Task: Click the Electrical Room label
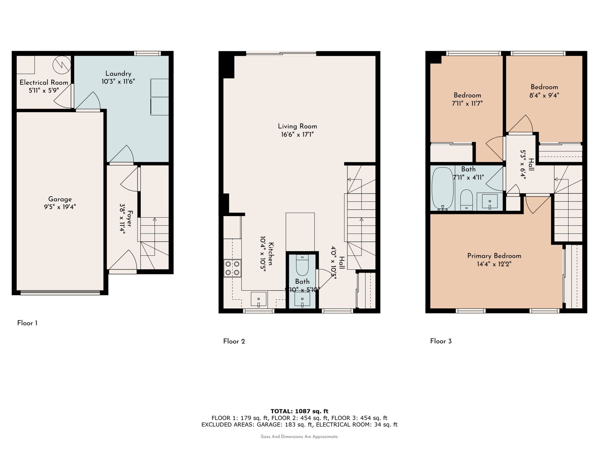[44, 83]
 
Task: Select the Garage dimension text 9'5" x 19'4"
[60, 207]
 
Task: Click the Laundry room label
[118, 74]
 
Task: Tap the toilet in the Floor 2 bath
[302, 265]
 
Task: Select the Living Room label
[297, 126]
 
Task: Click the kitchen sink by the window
[259, 299]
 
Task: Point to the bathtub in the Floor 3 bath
[442, 188]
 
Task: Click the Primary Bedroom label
[494, 256]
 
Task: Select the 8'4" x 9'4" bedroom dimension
[544, 95]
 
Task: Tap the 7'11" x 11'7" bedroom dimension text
[467, 104]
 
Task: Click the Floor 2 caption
[234, 341]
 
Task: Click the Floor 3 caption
[441, 341]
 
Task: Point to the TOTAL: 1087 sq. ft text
[299, 411]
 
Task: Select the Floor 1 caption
[27, 323]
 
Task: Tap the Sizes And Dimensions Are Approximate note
[299, 437]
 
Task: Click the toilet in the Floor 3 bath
[466, 200]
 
